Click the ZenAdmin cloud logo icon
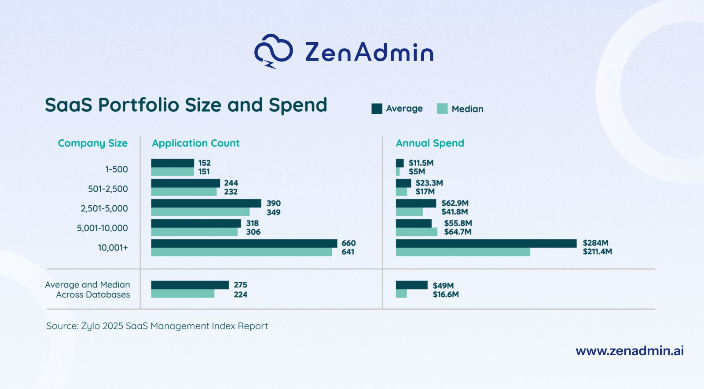coord(273,51)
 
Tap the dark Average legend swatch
coord(377,109)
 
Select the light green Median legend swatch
coord(442,109)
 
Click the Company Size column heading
coord(92,143)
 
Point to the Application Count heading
coord(196,143)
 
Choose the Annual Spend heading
coord(430,143)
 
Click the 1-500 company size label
coord(116,169)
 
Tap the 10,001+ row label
coord(113,248)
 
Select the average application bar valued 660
coord(244,244)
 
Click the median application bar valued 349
coord(200,212)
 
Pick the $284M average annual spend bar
coord(486,244)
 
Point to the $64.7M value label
coord(458,232)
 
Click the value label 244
coord(231,183)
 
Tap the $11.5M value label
coord(421,163)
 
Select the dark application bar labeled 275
coord(190,285)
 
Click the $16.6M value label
coord(445,294)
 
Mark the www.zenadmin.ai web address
coord(630,351)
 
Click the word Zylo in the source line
coord(90,326)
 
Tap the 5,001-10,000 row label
coord(102,228)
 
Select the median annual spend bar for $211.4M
coord(462,252)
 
